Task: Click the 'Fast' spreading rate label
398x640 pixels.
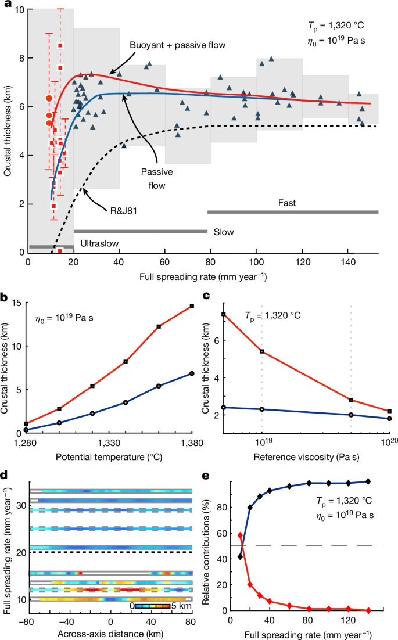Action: tap(286, 203)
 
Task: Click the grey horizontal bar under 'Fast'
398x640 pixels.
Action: tap(293, 212)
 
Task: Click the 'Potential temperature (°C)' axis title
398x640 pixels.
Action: tap(110, 456)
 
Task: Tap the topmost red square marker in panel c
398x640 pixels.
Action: tap(224, 314)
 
